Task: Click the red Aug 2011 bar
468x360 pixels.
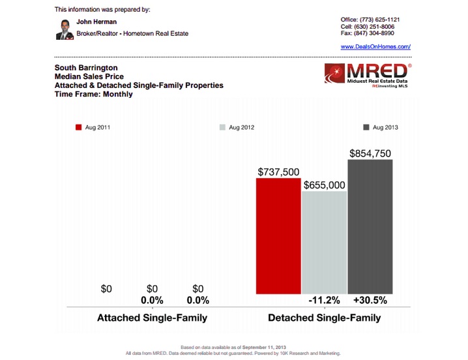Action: coord(278,235)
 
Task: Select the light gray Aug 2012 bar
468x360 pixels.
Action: coord(324,243)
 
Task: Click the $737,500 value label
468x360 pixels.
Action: coord(278,172)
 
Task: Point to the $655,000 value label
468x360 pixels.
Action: coord(324,185)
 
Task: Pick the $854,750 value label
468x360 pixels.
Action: coord(370,153)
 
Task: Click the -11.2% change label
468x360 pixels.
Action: coord(324,301)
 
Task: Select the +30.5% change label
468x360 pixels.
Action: coord(370,301)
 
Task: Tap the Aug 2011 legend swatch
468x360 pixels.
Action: coord(79,128)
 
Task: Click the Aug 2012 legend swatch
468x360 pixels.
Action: coord(223,128)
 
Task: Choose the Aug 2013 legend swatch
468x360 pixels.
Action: coord(366,128)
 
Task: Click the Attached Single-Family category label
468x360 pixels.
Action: coord(152,318)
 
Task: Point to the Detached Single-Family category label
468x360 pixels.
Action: coord(325,318)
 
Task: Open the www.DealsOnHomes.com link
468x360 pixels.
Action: coord(375,47)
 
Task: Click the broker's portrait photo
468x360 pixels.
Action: coord(64,29)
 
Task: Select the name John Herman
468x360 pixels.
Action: coord(97,22)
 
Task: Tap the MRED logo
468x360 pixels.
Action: coord(368,76)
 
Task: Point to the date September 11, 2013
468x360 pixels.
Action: coord(265,348)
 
